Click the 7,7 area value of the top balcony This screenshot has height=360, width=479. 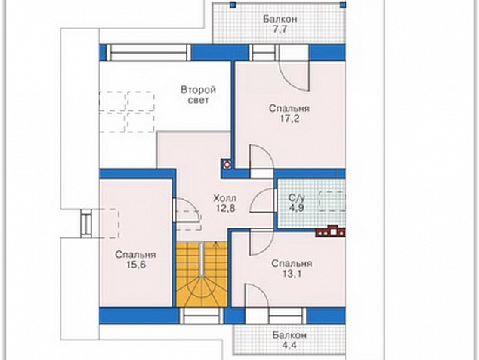point(280,29)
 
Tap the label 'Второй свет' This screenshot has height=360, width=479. point(198,95)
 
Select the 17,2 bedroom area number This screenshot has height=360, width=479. point(289,119)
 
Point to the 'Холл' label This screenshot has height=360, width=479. point(224,198)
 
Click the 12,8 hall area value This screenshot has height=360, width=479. point(226,208)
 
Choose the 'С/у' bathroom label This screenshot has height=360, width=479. point(297,197)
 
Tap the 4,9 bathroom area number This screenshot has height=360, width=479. point(297,208)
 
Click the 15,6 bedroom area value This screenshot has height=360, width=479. point(136,265)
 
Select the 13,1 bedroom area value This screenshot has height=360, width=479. point(291,274)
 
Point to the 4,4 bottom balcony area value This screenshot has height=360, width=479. point(289,346)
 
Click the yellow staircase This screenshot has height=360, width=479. point(202,274)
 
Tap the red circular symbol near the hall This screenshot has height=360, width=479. point(227,165)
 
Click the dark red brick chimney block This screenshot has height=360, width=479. point(330,231)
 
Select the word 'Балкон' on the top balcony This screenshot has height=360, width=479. point(280,19)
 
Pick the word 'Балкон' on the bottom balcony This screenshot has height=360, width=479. point(289,335)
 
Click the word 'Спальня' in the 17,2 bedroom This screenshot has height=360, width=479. point(289,108)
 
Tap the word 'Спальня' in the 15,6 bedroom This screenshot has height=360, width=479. point(135,254)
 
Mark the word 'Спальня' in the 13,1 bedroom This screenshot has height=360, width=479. point(292,263)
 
